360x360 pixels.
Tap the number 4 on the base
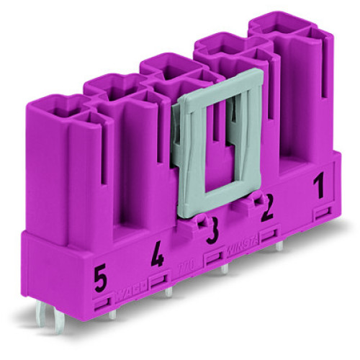click(x=157, y=256)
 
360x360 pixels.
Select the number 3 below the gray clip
click(x=212, y=234)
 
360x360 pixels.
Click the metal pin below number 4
click(x=168, y=292)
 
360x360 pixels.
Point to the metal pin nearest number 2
click(x=278, y=246)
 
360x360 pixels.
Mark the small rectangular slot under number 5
click(x=102, y=295)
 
